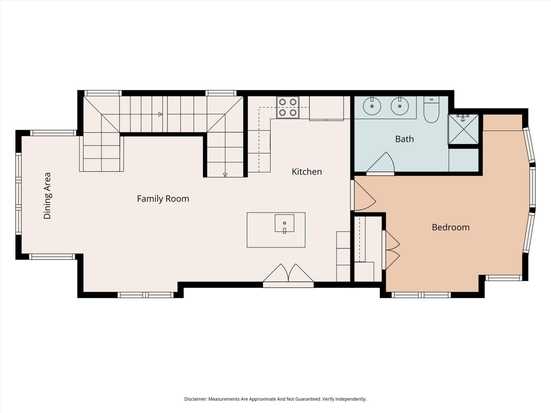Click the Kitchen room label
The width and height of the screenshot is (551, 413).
coord(307,172)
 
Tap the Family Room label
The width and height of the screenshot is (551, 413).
coord(163,199)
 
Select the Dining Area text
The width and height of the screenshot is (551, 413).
coord(47,196)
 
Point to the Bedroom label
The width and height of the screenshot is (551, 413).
coord(451,227)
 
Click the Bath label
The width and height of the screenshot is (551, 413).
coord(404,139)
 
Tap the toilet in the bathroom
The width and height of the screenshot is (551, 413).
coord(431,110)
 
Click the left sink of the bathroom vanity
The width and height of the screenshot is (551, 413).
coord(372,106)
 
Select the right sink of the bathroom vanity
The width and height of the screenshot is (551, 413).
coord(399,106)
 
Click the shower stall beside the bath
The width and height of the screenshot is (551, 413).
coord(463,129)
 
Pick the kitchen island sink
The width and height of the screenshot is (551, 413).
coord(284,223)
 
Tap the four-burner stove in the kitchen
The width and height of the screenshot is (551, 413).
coord(288,107)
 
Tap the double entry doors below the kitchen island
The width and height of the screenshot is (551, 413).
coord(288,275)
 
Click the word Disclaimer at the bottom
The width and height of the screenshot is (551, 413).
coord(195,399)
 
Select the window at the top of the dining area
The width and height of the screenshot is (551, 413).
coord(53,133)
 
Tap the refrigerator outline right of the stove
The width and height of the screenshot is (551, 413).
coord(327,108)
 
